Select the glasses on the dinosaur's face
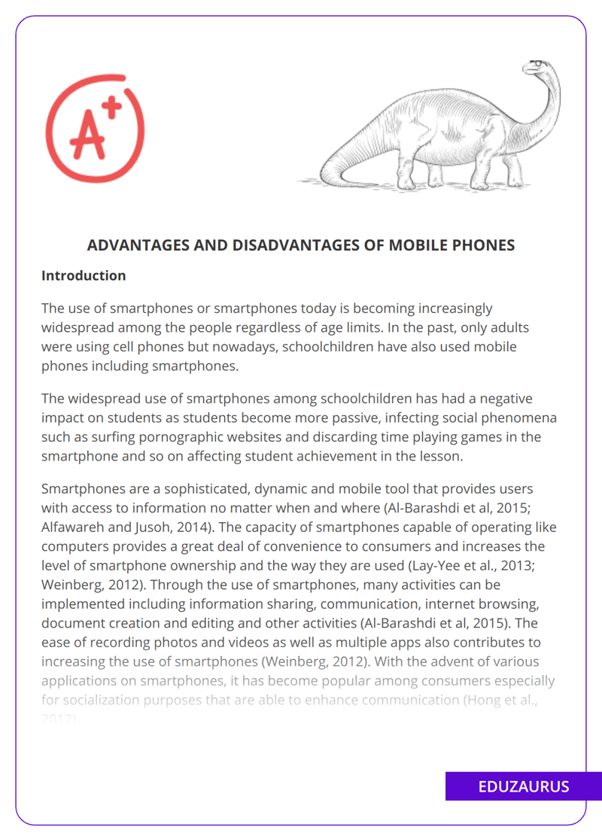point(536,63)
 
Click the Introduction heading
point(84,275)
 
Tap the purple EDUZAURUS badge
point(524,786)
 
